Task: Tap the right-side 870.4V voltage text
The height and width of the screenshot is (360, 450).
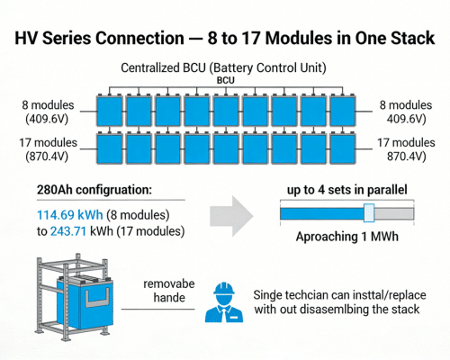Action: [406, 157]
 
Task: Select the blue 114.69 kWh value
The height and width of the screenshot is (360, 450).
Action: [64, 214]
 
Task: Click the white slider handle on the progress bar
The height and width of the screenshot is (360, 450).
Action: [368, 212]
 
